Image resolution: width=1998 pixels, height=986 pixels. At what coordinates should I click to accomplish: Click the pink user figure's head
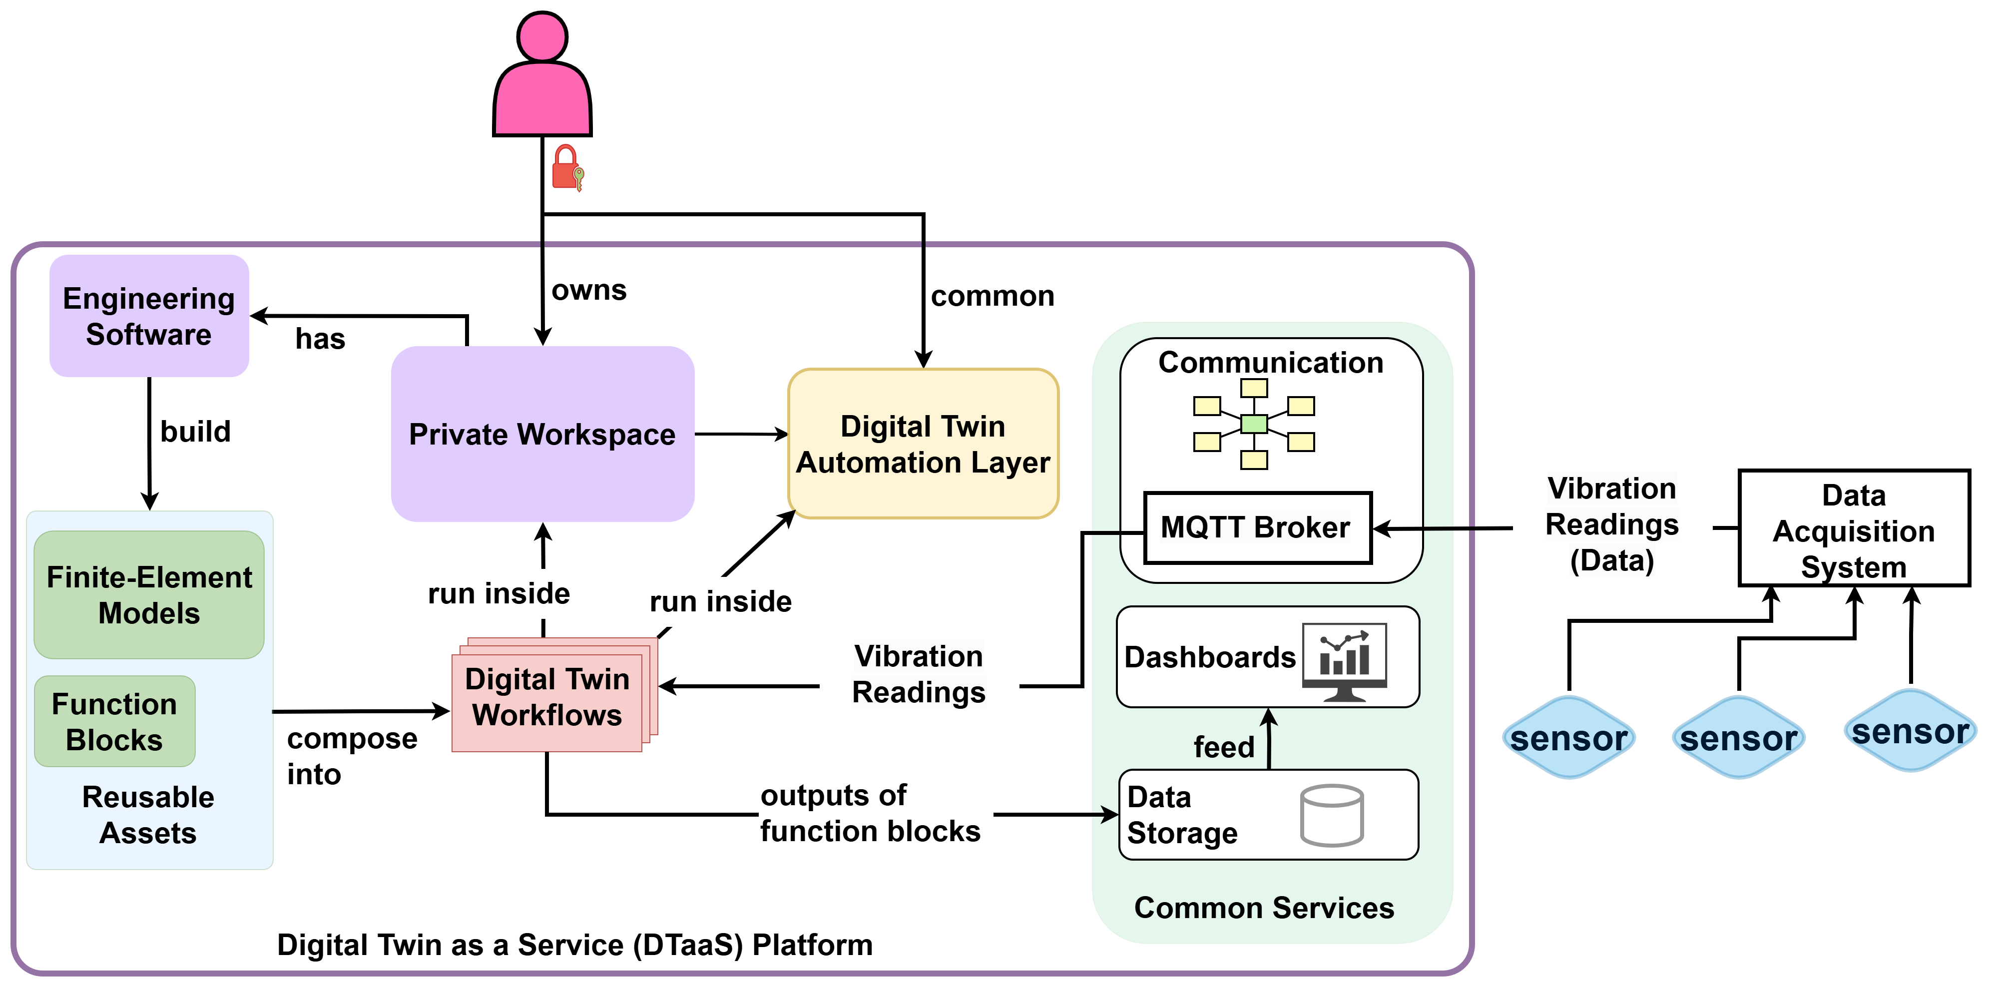pos(542,36)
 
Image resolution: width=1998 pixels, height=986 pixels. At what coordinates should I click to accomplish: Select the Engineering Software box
pos(149,316)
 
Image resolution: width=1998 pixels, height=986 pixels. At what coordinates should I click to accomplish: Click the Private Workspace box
pos(542,434)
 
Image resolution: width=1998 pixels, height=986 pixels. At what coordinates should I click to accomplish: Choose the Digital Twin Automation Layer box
pos(923,444)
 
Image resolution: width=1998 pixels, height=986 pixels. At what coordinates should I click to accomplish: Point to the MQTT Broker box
pos(1257,527)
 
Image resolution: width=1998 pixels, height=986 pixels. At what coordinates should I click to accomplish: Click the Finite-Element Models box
pos(149,595)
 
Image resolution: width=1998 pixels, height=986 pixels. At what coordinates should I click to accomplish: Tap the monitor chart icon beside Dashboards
pos(1344,661)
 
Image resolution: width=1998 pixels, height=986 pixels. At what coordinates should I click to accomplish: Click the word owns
pos(589,290)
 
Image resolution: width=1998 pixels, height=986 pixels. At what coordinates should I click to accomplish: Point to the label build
pos(195,432)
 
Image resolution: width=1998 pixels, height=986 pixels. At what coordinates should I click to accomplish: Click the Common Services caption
pos(1264,908)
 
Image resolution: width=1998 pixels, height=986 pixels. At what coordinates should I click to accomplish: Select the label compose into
pos(351,756)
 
